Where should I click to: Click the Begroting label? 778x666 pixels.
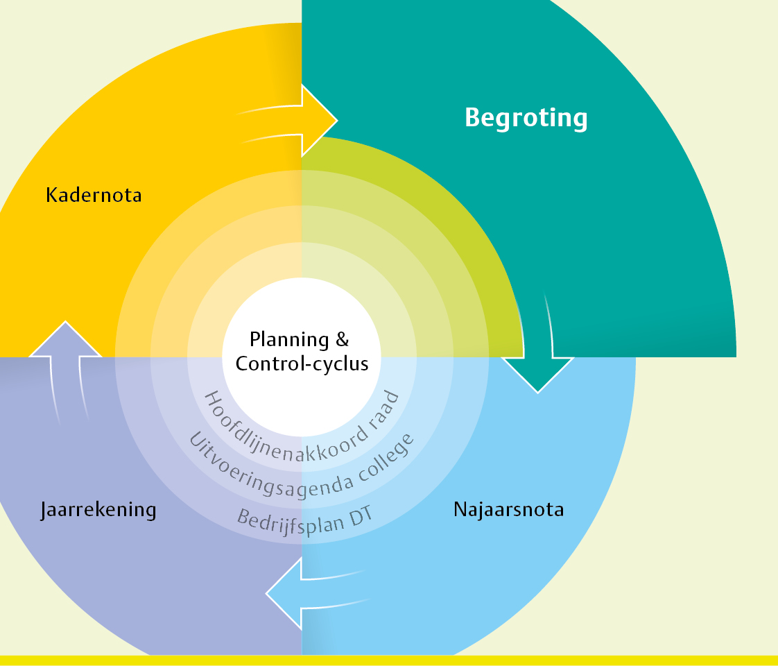click(x=526, y=118)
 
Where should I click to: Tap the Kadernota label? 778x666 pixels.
click(x=94, y=195)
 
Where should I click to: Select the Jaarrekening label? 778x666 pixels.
click(x=98, y=510)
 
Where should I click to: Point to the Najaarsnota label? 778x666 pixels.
click(x=508, y=510)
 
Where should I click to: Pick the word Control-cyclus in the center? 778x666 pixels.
click(x=302, y=364)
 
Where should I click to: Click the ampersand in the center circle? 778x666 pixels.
click(x=342, y=340)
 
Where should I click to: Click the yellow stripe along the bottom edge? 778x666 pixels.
click(x=388, y=660)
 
